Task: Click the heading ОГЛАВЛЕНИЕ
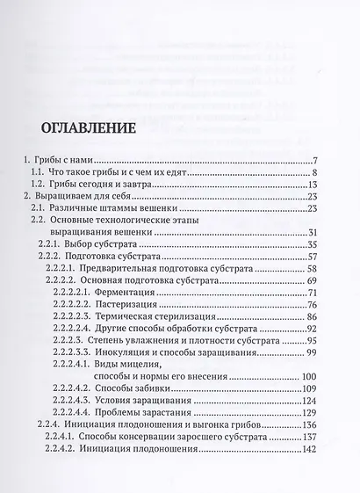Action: pos(88,127)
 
